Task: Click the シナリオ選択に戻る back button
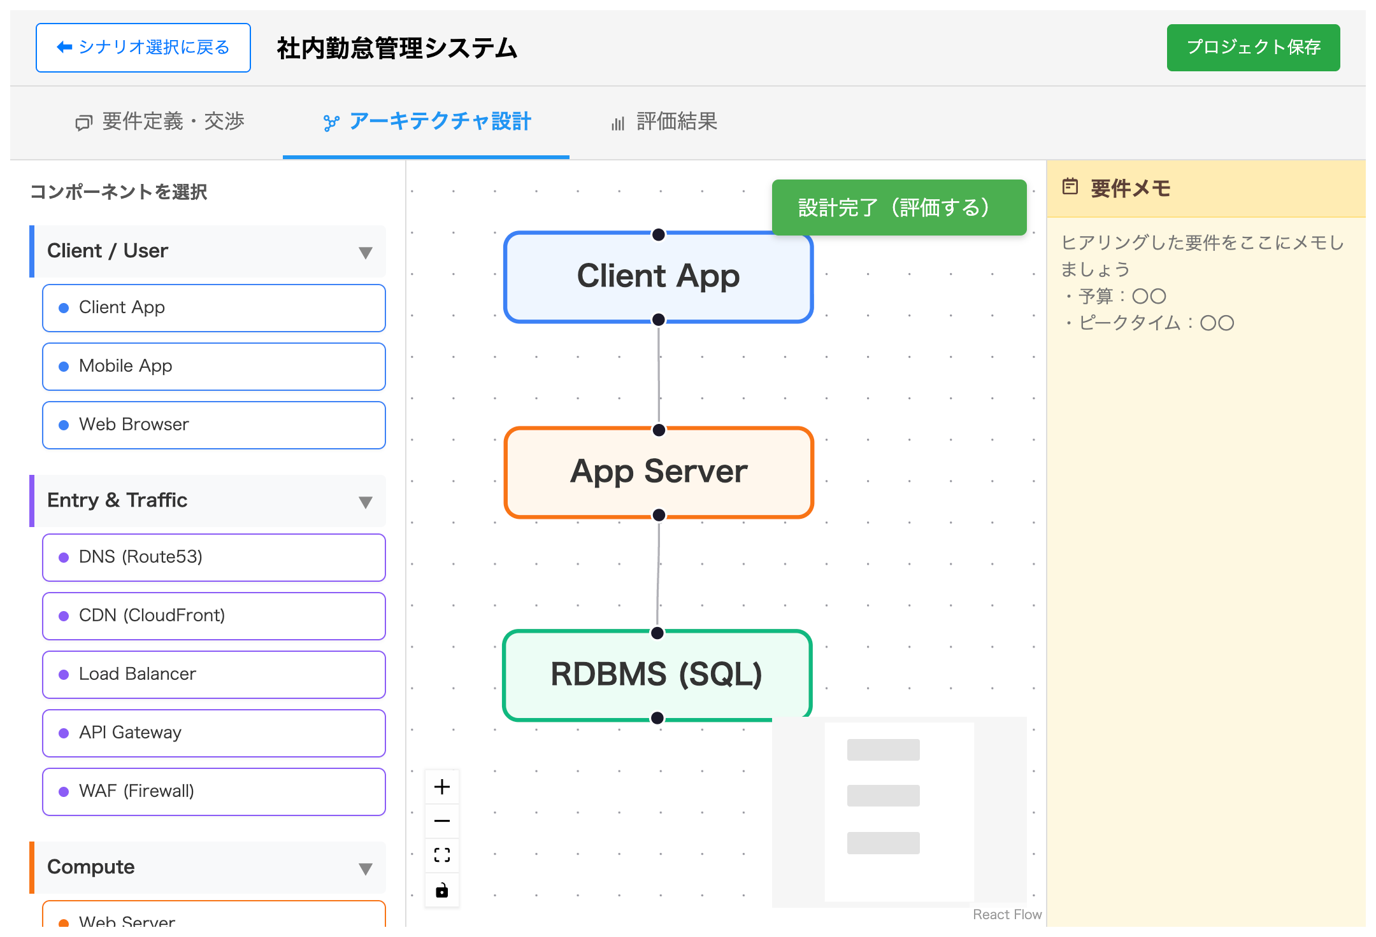[143, 48]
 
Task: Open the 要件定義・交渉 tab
[160, 122]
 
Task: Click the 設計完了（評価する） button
[899, 208]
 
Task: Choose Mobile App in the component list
[214, 366]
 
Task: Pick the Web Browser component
[214, 425]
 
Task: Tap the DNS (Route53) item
[214, 557]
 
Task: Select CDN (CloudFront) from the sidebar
[214, 616]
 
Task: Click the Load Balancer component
[214, 674]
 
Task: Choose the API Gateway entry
[214, 733]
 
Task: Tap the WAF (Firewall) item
[214, 791]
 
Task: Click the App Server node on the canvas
[659, 472]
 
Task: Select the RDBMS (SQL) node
[657, 675]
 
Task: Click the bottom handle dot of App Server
[659, 515]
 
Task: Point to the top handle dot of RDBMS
[657, 633]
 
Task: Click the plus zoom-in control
[442, 787]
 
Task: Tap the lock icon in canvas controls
[442, 890]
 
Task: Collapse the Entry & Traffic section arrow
[366, 502]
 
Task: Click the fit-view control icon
[442, 855]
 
